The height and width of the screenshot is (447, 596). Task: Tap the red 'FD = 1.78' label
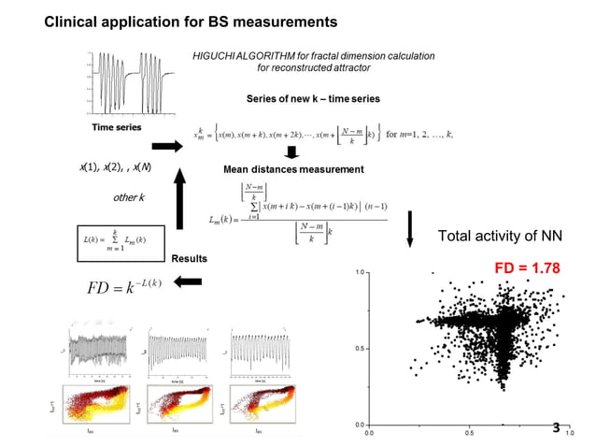coord(527,267)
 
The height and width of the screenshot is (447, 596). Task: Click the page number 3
coord(556,428)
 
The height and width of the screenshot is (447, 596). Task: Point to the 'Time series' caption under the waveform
coord(116,126)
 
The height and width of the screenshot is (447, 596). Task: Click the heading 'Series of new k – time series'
coord(313,98)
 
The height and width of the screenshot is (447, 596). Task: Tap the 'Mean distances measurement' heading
coord(293,169)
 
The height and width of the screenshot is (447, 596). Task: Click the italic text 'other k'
coord(128,198)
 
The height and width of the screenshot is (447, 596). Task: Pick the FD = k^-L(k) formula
coord(116,281)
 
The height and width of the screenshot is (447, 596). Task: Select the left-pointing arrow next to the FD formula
coord(190,281)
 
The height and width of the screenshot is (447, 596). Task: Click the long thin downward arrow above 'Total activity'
coord(408,228)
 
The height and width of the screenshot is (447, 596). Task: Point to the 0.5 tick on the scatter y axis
coord(360,348)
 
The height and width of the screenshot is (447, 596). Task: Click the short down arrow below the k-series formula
coord(290,152)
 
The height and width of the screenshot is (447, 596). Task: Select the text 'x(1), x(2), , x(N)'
coord(116,166)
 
